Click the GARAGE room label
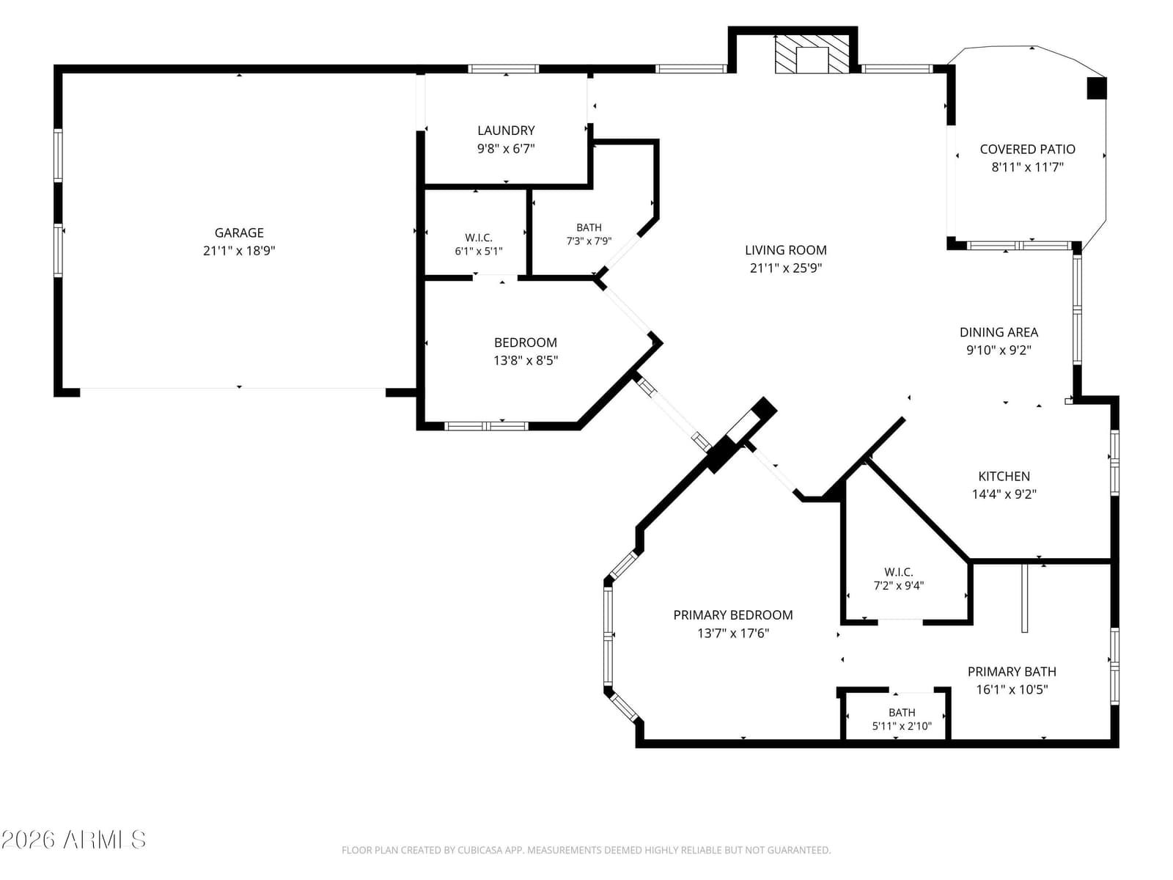pyautogui.click(x=239, y=233)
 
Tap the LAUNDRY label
pyautogui.click(x=506, y=131)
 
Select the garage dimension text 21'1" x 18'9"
pyautogui.click(x=239, y=251)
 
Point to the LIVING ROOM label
pyautogui.click(x=786, y=250)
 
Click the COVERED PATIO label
pyautogui.click(x=1027, y=149)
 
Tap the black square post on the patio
pyautogui.click(x=1097, y=88)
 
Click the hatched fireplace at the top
pyautogui.click(x=812, y=54)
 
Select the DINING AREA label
pyautogui.click(x=999, y=332)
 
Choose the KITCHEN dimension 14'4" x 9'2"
pyautogui.click(x=1004, y=494)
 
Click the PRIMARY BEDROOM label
pyautogui.click(x=732, y=615)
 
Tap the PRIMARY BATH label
pyautogui.click(x=1012, y=672)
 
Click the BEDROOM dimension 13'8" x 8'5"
pyautogui.click(x=526, y=361)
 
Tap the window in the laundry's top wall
pyautogui.click(x=504, y=68)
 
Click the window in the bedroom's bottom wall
pyautogui.click(x=486, y=426)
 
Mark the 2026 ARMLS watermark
pyautogui.click(x=73, y=840)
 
